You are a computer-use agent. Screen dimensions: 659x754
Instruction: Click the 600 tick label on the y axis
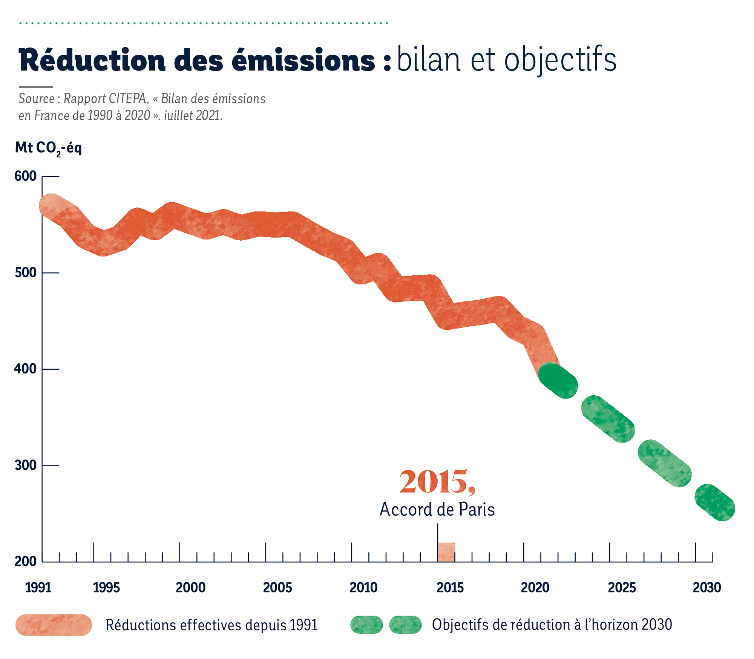25,176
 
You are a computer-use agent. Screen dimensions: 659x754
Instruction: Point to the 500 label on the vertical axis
25,272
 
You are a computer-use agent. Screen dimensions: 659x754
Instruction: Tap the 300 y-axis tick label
25,465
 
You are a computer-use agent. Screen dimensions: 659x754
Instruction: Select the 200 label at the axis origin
25,561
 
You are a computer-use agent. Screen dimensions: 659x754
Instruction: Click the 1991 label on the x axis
38,587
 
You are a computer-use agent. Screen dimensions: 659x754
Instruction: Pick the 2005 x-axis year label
277,587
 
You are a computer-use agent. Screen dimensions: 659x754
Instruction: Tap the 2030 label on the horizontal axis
707,587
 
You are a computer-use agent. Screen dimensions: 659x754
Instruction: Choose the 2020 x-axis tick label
535,587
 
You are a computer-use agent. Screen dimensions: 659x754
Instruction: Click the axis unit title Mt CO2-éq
48,148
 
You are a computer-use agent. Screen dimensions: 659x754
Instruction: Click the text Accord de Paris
437,509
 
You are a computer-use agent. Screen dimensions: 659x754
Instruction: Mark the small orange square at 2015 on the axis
447,552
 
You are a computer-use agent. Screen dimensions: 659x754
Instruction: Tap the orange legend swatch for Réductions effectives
54,625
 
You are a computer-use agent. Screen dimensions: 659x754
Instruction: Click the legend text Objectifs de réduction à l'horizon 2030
552,625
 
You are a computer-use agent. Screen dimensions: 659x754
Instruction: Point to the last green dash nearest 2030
715,502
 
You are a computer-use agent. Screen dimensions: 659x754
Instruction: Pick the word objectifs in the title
560,60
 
